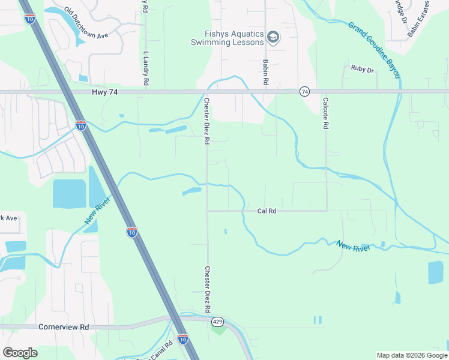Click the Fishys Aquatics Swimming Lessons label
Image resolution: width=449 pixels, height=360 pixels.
coord(228,38)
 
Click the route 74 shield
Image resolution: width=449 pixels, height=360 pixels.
coord(305,92)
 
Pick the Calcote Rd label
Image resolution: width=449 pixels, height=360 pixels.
coord(326,114)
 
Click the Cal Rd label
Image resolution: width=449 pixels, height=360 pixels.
coord(267,211)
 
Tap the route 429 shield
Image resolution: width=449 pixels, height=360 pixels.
coord(217,322)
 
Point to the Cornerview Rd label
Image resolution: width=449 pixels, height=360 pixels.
coord(63,328)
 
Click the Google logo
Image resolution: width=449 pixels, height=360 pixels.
coord(20,353)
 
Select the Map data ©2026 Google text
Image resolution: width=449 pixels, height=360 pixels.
coord(412,355)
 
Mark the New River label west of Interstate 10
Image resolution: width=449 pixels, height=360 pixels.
coord(92,213)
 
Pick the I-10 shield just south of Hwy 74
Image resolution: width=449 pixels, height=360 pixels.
coord(80,125)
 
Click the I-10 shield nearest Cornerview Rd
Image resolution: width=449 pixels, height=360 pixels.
coord(183,339)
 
